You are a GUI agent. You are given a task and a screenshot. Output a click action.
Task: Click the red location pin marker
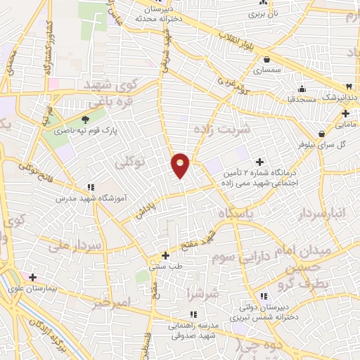181,165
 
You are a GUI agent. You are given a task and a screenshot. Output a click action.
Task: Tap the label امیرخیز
112,302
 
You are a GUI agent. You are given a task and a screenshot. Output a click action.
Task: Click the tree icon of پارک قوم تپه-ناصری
86,120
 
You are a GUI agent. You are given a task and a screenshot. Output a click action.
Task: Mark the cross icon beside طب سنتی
165,256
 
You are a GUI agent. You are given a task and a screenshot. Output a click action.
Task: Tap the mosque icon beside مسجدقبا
302,89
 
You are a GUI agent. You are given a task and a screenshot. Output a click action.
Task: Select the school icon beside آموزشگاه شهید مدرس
90,187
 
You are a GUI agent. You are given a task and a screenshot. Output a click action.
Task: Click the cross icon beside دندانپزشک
345,112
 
